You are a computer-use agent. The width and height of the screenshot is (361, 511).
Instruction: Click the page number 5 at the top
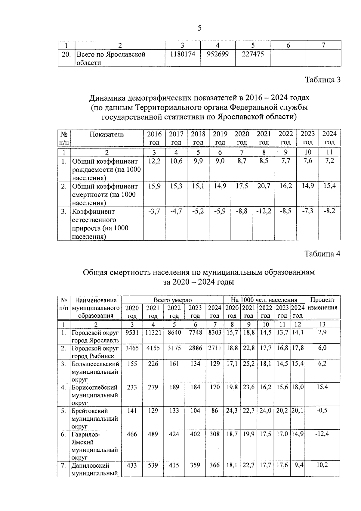coord(199,28)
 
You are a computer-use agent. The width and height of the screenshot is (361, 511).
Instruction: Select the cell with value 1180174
coord(182,54)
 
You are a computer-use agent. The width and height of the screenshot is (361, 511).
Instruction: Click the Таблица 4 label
coord(322,254)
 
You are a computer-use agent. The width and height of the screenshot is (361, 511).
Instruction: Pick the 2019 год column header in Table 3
coord(220,138)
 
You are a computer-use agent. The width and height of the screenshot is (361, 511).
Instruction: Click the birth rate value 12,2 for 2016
coord(154,161)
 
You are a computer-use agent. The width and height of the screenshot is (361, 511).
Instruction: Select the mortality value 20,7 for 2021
coord(264,186)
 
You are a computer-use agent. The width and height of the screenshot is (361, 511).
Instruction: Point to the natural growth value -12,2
coord(264,211)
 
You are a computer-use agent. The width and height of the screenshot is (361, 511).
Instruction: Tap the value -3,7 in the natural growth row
coord(154,211)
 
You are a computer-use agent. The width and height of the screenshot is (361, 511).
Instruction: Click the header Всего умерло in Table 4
coord(172,300)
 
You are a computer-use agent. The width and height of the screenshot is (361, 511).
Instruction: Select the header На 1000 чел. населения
coord(264,300)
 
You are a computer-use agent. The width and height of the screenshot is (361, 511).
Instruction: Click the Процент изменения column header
coord(322,304)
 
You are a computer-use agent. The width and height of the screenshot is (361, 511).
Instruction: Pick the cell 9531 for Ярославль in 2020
coord(132,332)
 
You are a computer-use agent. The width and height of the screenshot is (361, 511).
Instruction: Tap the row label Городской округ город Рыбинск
coord(95,352)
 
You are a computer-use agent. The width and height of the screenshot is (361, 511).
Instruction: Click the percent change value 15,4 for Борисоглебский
coord(322,387)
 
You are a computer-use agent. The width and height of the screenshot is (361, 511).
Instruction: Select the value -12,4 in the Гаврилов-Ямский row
coord(322,434)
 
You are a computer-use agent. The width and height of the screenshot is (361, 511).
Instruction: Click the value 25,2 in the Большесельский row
coord(248,364)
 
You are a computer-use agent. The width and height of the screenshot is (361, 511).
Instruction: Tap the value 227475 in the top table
coord(253,54)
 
